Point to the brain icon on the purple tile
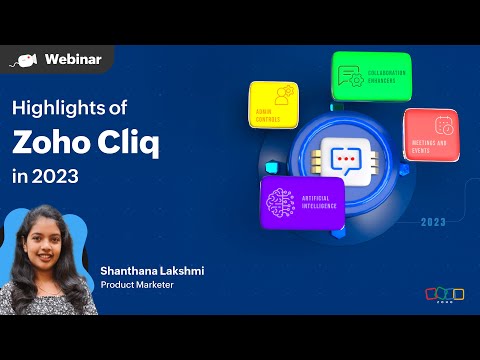pos(279,200)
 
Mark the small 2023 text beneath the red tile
pos(433,222)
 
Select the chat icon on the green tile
pos(351,75)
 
